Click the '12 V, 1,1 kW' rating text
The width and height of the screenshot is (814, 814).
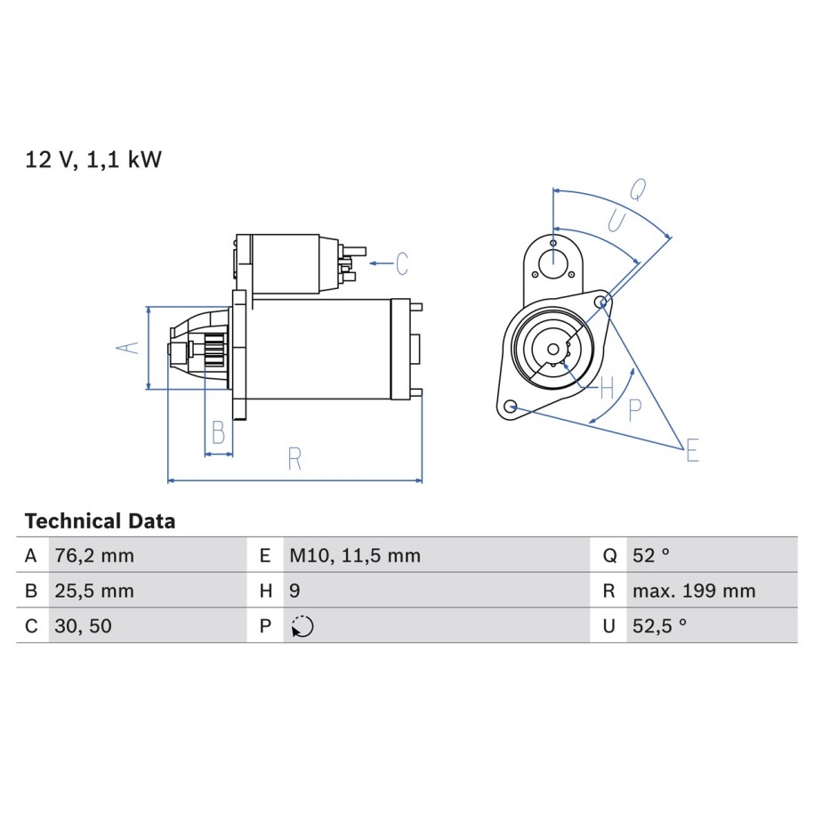coord(93,160)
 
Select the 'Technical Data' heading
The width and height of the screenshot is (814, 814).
coord(100,521)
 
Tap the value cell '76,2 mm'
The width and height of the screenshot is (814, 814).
coord(94,556)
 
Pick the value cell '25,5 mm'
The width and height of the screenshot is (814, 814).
coord(94,591)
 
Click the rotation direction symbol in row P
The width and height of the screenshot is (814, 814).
coord(302,626)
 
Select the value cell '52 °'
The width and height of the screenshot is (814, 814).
coord(650,556)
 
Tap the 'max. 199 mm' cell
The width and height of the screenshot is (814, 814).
coord(693,591)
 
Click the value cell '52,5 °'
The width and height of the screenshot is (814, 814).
coord(659,625)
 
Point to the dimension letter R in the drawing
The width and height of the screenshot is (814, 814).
coord(294,459)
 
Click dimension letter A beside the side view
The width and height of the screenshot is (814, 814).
coord(130,347)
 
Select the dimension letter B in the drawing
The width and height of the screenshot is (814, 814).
coord(218,433)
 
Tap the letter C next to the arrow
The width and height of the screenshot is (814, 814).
coord(402,263)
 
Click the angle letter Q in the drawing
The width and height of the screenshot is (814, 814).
coord(637,189)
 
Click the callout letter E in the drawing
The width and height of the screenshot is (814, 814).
coord(691,452)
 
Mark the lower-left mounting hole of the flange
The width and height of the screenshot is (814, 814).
coord(510,407)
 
